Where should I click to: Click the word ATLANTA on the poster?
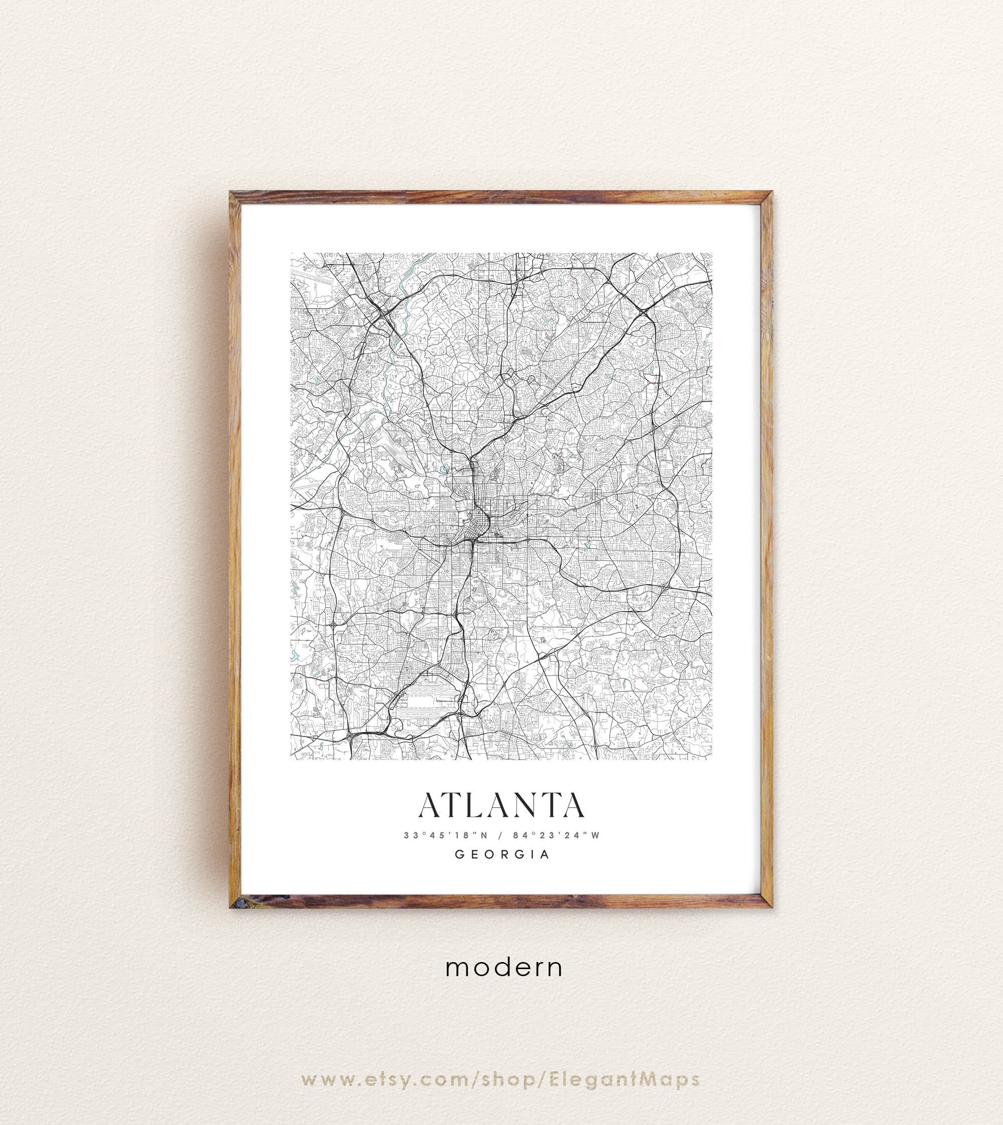(501, 806)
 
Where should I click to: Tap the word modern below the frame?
(504, 968)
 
